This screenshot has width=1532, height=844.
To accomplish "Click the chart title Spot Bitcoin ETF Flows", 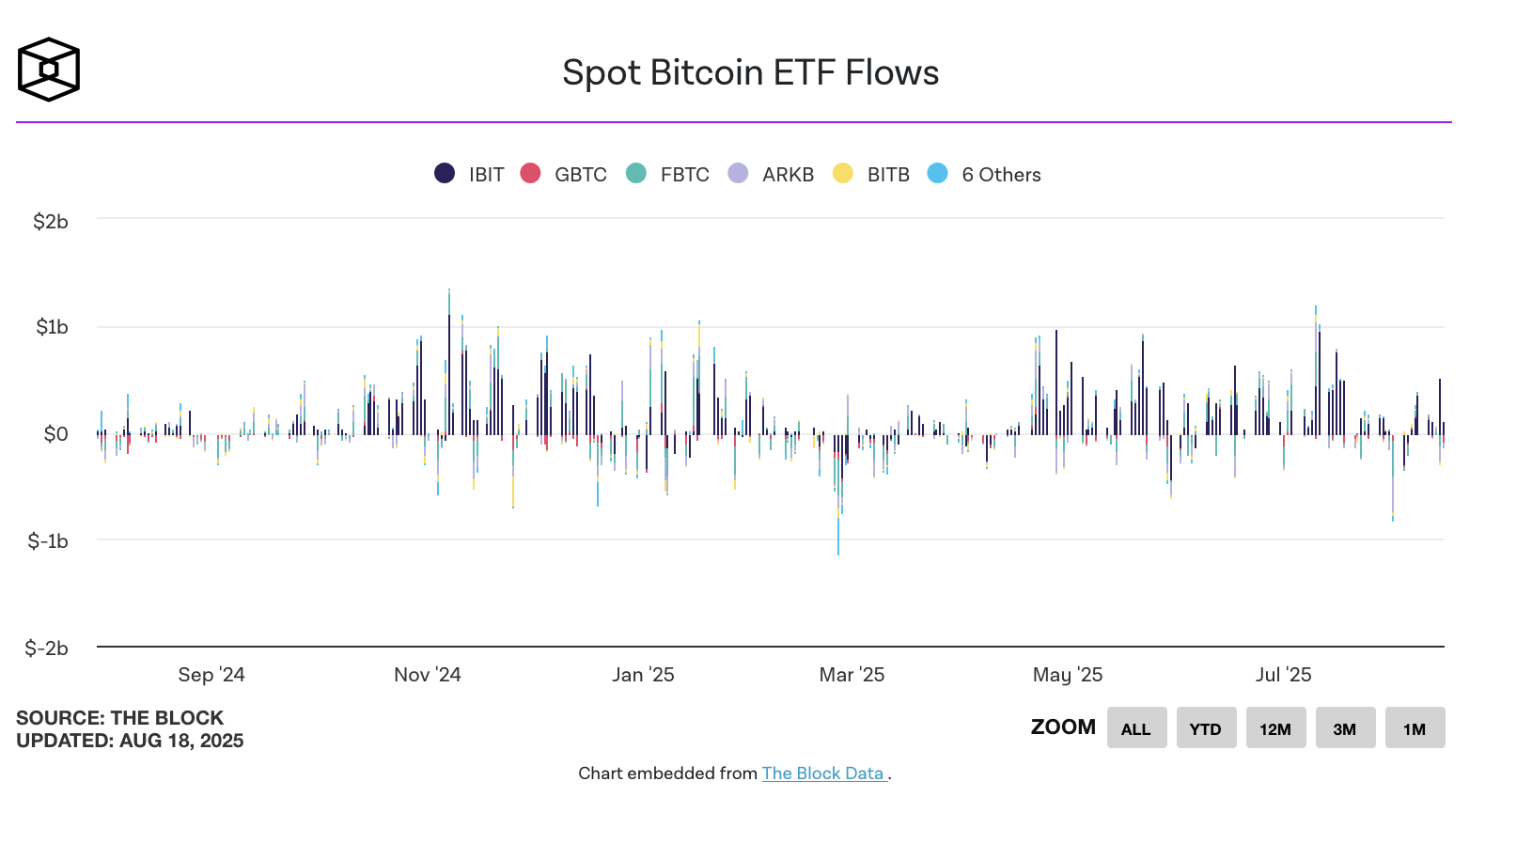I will click(x=750, y=73).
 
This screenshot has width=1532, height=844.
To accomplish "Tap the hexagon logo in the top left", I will click(x=49, y=70).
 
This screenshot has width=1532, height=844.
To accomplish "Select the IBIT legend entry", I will click(x=470, y=174).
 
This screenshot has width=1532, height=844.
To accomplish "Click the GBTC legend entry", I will click(x=564, y=174).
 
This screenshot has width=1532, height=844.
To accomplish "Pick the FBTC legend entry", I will click(x=668, y=174).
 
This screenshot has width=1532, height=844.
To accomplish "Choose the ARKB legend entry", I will click(x=772, y=174).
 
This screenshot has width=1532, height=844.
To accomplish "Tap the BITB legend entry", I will click(x=872, y=174).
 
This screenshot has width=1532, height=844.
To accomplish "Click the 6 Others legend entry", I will click(x=985, y=174).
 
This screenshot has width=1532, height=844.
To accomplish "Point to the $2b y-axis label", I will click(x=51, y=222).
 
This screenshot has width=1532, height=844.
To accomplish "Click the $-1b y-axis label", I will click(x=48, y=541).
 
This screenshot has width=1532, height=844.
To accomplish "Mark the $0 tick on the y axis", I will click(x=56, y=434).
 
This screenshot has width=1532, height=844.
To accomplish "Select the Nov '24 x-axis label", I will click(x=428, y=675).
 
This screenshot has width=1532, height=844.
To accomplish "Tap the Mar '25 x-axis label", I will click(x=852, y=675).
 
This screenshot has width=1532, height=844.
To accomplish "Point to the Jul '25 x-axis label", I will click(x=1283, y=675).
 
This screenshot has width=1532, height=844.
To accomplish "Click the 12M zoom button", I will click(x=1275, y=728).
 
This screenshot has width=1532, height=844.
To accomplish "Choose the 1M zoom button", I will click(x=1415, y=728).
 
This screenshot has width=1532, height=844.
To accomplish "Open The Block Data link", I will click(x=823, y=774).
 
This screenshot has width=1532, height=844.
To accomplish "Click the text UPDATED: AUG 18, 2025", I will click(x=130, y=741).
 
